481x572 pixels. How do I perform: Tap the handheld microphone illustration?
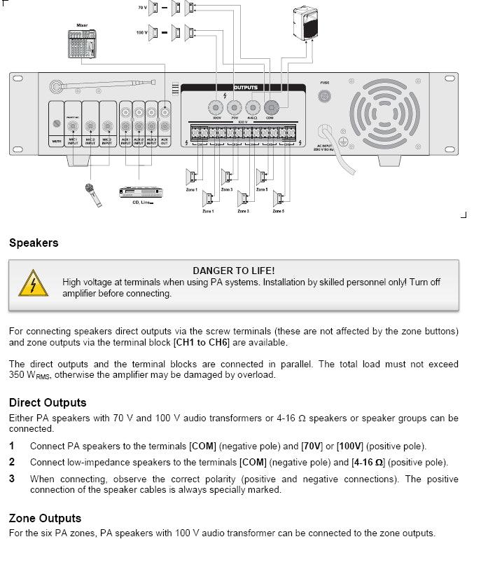[x=92, y=196]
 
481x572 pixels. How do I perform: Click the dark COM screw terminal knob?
[x=270, y=107]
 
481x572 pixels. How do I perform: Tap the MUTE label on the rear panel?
[x=57, y=141]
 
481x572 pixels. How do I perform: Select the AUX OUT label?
[x=165, y=141]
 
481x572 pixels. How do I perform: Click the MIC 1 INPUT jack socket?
[x=73, y=126]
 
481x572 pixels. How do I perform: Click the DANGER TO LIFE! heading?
[x=233, y=271]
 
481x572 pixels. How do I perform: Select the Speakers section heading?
[x=34, y=243]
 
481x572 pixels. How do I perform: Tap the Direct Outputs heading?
[x=48, y=402]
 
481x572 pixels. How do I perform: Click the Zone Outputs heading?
[x=45, y=518]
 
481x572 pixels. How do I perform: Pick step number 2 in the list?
[x=12, y=462]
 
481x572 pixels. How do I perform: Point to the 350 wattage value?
[x=18, y=374]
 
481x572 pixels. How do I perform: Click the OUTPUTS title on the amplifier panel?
[x=245, y=88]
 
